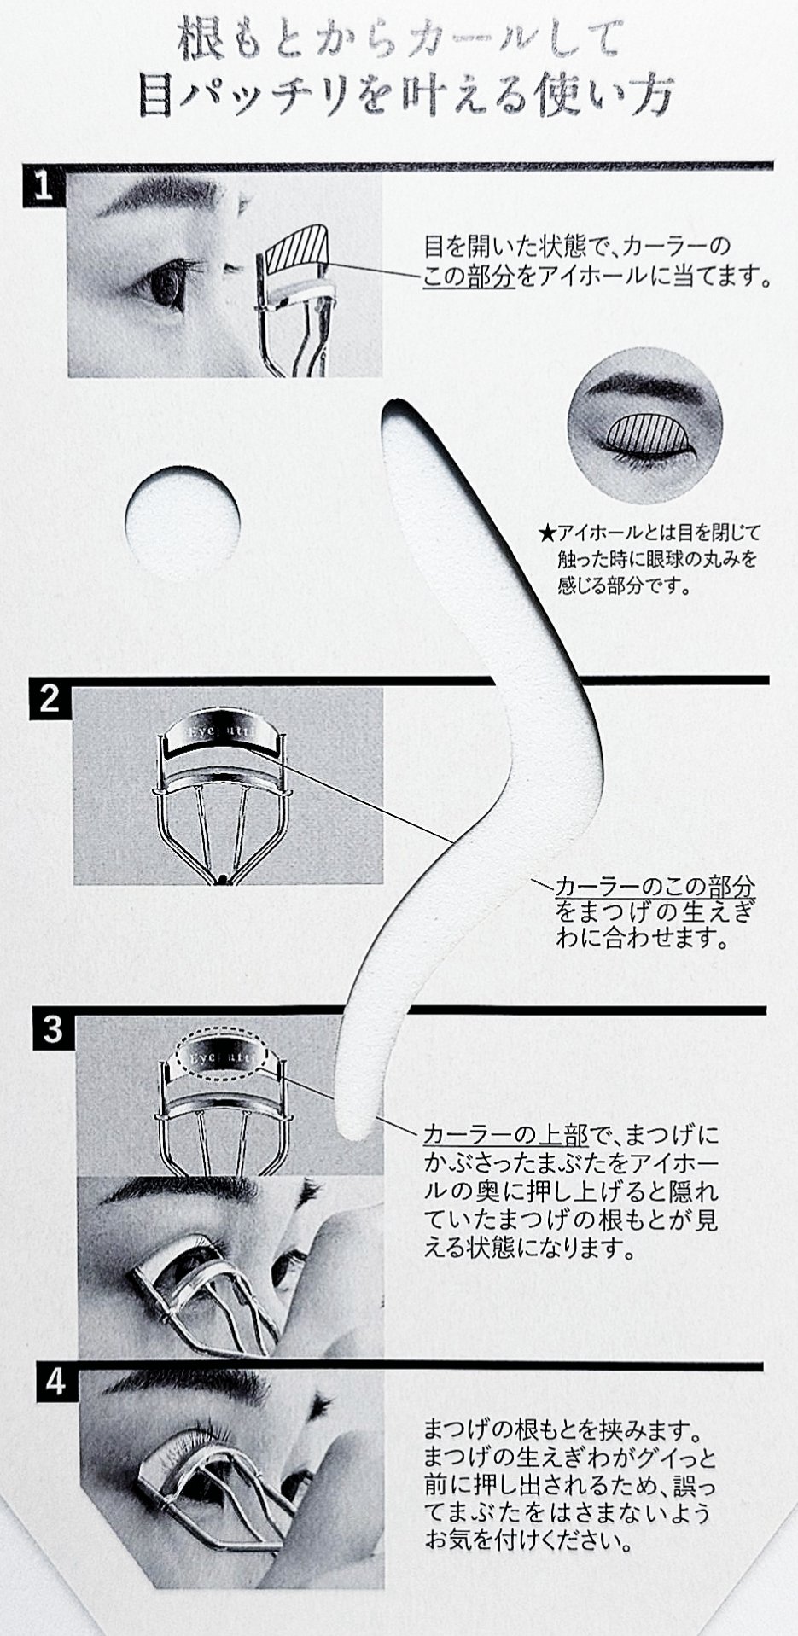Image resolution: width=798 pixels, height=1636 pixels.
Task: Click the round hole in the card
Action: [182, 521]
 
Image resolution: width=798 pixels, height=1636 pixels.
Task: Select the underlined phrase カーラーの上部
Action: [506, 1136]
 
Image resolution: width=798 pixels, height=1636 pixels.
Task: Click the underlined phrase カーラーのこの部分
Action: [655, 885]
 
